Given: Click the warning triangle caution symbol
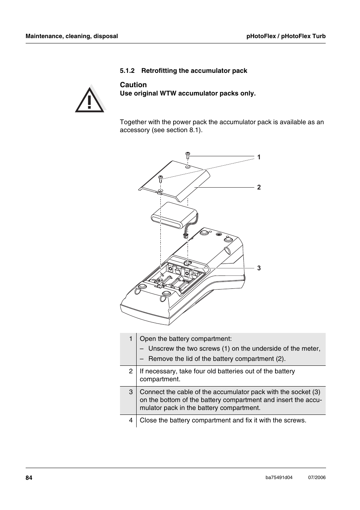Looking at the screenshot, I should (89, 100).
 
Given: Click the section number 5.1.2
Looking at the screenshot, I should (127, 71).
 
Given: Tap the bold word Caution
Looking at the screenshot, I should (133, 85).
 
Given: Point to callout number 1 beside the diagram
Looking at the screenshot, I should (259, 157).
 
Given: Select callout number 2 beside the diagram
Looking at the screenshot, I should (259, 187).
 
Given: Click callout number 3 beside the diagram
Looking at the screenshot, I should (259, 268).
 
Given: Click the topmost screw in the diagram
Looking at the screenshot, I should (188, 155).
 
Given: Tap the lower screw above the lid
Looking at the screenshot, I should (160, 179).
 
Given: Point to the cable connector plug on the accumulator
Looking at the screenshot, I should (185, 236).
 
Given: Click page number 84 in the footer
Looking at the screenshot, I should (29, 478).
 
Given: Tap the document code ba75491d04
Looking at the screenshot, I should (279, 478).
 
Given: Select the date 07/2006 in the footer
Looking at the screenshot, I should (317, 478).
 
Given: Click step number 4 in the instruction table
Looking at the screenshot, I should (131, 420).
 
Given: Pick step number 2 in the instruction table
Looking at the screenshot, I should (131, 371).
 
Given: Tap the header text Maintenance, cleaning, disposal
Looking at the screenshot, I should (72, 36).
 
